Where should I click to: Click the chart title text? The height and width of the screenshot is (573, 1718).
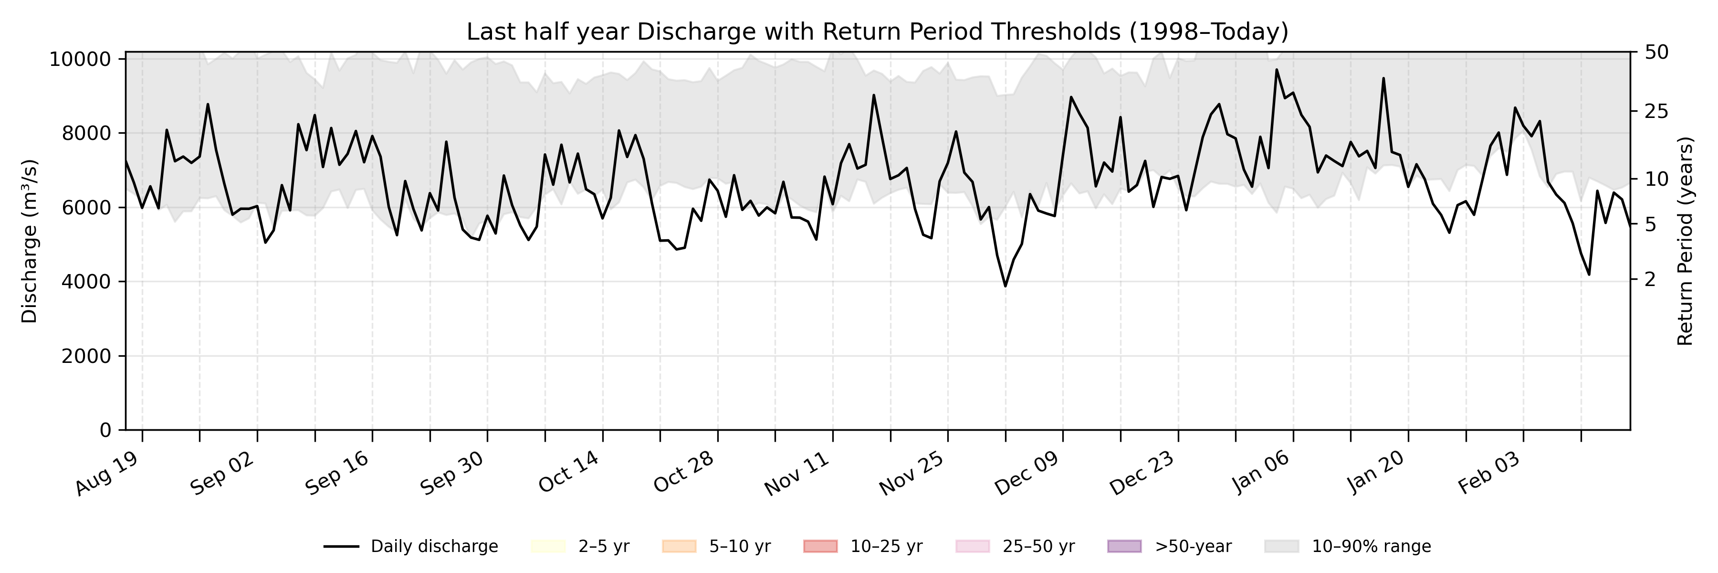coord(877,32)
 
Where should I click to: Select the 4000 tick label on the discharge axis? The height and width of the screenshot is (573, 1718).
coord(85,282)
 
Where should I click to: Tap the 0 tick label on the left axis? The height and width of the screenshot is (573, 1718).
coord(105,430)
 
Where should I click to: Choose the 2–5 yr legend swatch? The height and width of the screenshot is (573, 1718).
coord(548,546)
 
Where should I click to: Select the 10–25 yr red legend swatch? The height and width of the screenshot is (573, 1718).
coord(820,546)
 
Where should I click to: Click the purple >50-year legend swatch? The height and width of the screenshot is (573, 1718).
coord(1124,546)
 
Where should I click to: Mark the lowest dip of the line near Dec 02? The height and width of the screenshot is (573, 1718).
coord(1005,286)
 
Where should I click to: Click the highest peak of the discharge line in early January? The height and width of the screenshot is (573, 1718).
coord(1277,69)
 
